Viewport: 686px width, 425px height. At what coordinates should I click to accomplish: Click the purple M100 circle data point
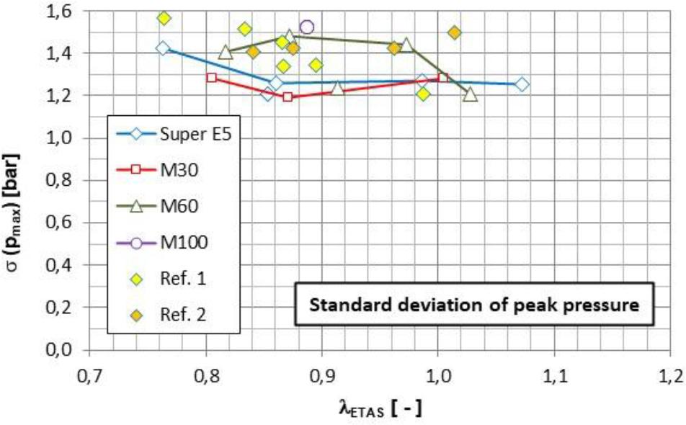pyautogui.click(x=306, y=27)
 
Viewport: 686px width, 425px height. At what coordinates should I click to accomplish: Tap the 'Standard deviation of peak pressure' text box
pyautogui.click(x=473, y=305)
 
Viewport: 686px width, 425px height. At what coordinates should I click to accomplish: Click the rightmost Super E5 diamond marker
pyautogui.click(x=522, y=84)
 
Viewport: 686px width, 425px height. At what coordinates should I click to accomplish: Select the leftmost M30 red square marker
pyautogui.click(x=211, y=77)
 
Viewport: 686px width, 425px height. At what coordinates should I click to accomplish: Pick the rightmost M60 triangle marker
pyautogui.click(x=471, y=94)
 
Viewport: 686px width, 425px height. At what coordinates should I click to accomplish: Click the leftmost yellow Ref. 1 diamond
pyautogui.click(x=164, y=18)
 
